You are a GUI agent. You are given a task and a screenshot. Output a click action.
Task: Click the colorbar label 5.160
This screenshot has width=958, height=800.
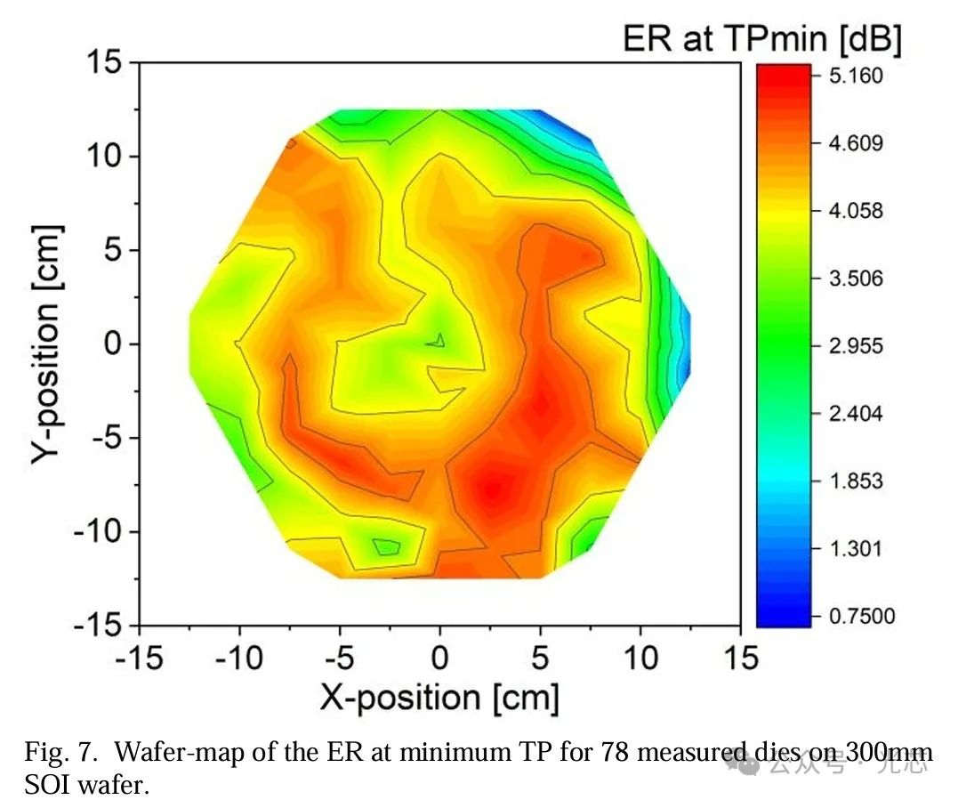857,76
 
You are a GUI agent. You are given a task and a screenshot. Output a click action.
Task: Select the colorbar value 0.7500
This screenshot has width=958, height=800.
863,616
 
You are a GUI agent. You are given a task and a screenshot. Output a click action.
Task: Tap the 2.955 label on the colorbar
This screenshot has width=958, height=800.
857,346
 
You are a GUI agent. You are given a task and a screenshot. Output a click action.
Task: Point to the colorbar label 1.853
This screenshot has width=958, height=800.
857,481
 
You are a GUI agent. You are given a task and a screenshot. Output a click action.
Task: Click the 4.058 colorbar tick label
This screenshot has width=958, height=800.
857,211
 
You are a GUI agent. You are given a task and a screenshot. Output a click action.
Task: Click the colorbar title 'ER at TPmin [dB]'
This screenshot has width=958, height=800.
762,39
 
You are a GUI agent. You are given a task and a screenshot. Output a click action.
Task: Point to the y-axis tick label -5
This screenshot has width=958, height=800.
109,438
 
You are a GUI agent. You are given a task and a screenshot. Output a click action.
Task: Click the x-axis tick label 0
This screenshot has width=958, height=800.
439,659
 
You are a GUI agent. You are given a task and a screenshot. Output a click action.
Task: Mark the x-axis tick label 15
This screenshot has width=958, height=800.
740,659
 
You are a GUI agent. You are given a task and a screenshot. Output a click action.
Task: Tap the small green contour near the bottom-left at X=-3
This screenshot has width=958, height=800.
386,546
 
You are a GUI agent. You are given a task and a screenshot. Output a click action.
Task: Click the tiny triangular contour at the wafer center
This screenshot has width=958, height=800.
438,339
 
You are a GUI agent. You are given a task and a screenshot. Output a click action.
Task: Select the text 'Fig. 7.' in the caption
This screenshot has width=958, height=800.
53,755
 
